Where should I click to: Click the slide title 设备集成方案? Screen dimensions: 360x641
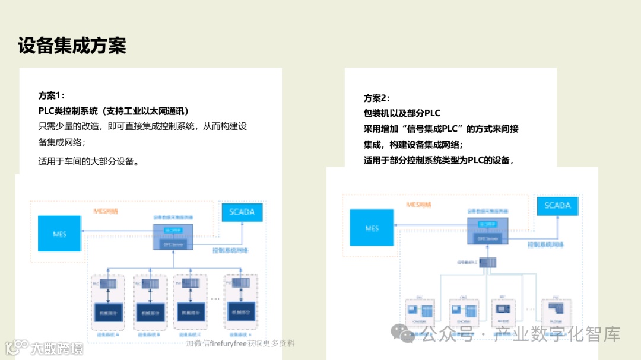point(72,46)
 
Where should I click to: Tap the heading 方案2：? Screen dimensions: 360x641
point(377,98)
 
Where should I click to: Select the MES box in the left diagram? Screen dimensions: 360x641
point(60,234)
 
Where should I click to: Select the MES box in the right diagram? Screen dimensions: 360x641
point(372,228)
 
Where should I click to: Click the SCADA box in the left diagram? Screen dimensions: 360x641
point(242,212)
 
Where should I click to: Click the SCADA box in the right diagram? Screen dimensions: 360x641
point(557,206)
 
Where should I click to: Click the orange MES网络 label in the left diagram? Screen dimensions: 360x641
point(106,211)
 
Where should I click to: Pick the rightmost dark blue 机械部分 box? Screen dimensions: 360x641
point(240,311)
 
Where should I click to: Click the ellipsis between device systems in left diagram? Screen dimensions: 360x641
point(215,297)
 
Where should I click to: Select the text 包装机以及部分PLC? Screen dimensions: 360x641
point(402,113)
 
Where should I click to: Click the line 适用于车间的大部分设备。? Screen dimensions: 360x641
point(89,161)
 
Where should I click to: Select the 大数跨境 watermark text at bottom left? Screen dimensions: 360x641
point(57,348)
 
